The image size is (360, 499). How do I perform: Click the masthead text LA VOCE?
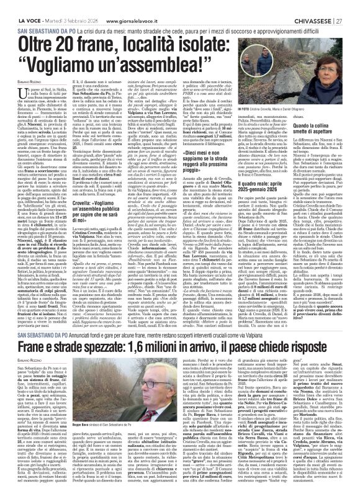[20, 6]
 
